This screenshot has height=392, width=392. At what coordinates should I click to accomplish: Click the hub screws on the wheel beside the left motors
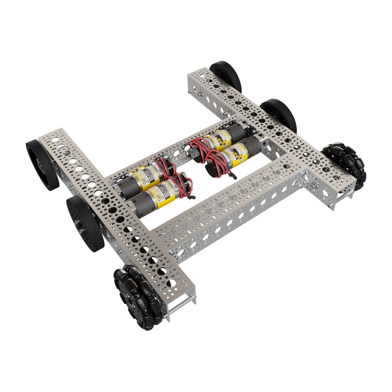coord(80,225)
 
